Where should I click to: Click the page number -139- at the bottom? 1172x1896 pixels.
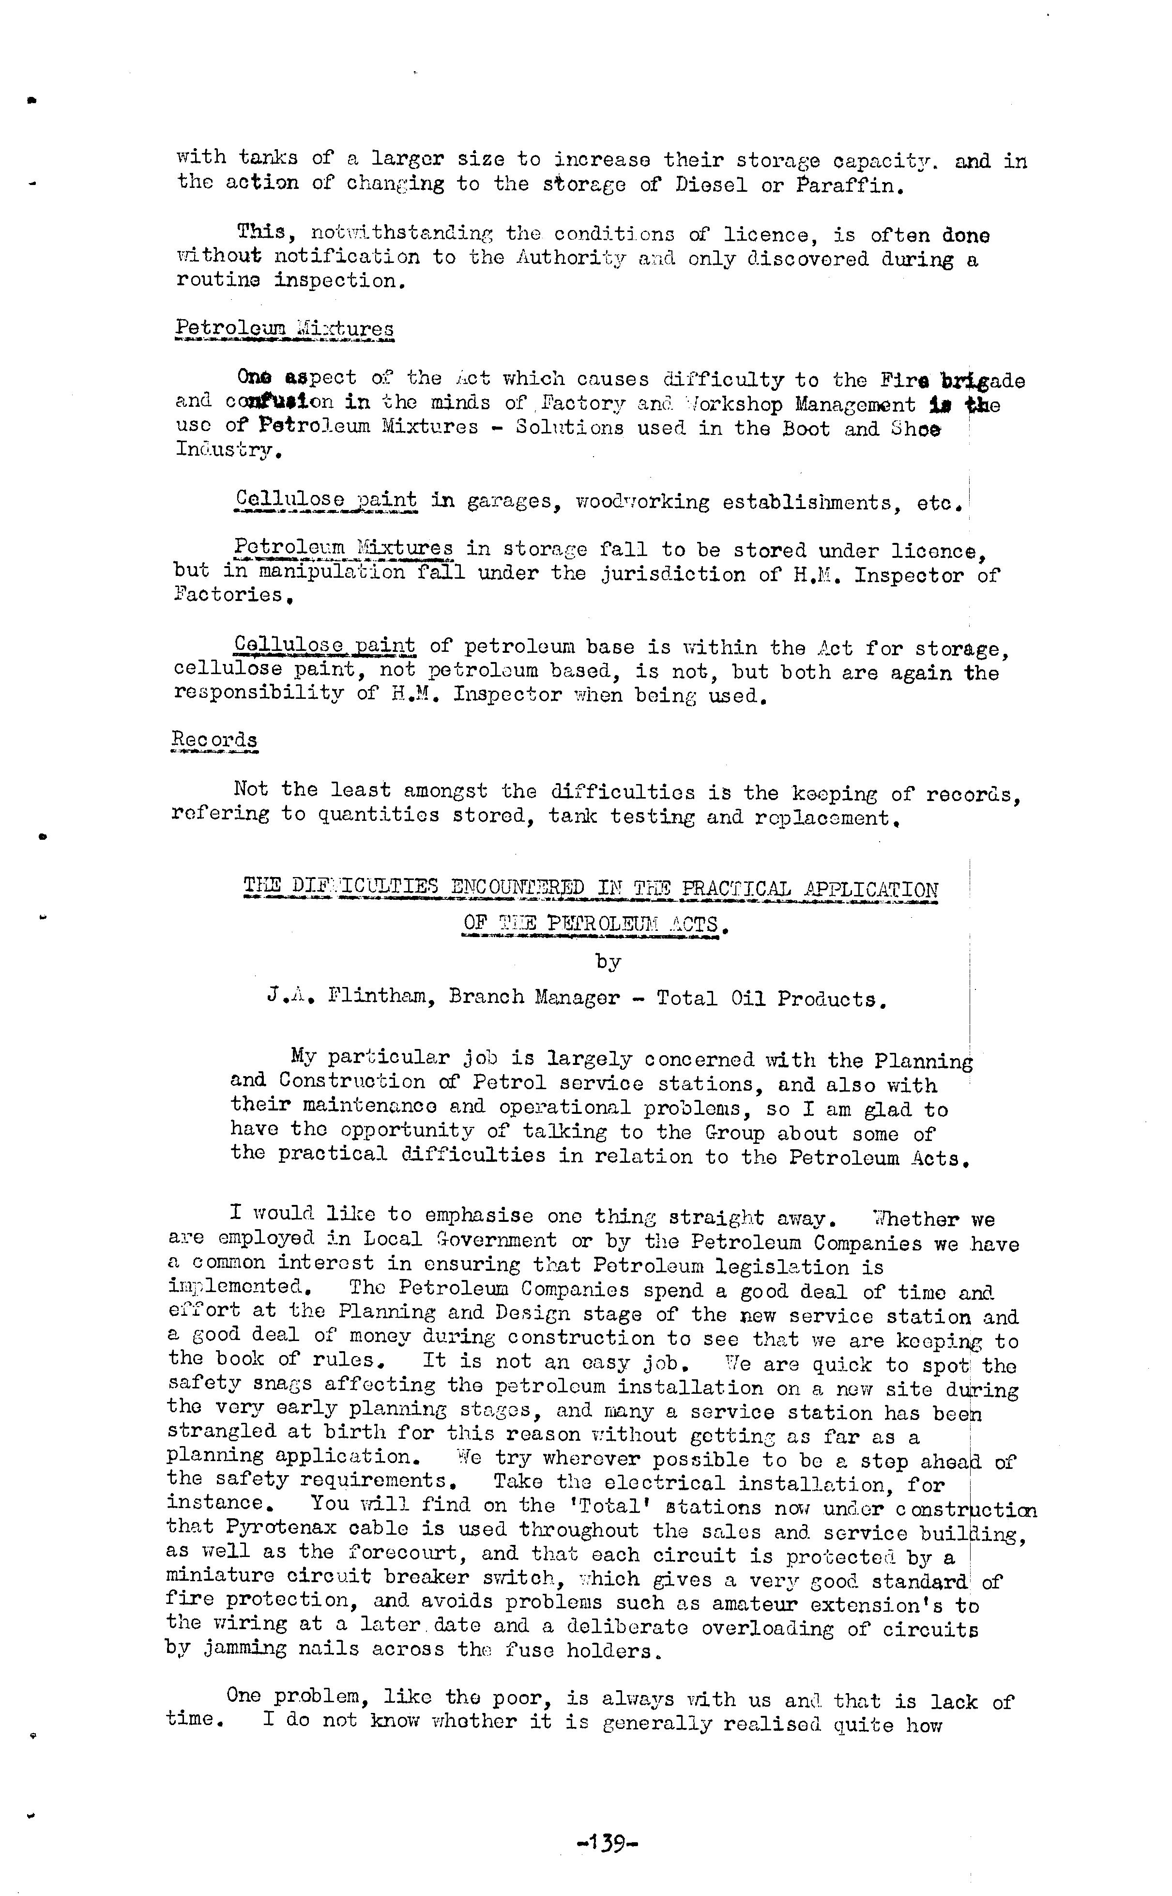coord(607,1842)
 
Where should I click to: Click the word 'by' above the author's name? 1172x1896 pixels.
coord(608,962)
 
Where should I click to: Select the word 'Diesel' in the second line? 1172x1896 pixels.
coord(712,186)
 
